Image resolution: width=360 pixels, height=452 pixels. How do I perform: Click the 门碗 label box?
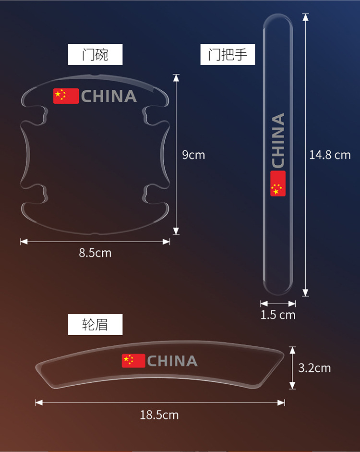(x=95, y=55)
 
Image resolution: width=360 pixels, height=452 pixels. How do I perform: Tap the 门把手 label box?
(x=228, y=55)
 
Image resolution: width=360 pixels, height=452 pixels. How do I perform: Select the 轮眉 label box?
(x=95, y=325)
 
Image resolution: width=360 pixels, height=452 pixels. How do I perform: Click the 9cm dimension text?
(x=193, y=155)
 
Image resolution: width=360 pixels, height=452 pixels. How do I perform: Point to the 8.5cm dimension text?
(x=95, y=253)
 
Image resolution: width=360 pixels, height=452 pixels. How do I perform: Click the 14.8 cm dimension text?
(x=330, y=155)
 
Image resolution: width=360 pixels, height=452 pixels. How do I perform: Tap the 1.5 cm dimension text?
(x=278, y=315)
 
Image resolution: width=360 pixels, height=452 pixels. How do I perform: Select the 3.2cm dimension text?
(x=314, y=368)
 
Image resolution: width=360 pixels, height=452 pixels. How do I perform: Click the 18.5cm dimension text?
(x=159, y=415)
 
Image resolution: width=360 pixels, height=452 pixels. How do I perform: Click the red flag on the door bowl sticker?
(x=66, y=96)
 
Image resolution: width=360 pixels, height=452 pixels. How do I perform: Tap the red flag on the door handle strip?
(x=278, y=183)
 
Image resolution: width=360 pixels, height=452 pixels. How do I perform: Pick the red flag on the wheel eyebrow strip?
(x=133, y=361)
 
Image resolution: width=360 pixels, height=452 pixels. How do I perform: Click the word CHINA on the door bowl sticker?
(x=109, y=96)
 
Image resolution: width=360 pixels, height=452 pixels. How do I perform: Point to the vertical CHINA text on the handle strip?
(x=278, y=140)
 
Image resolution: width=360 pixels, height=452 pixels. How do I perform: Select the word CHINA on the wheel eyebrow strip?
(x=172, y=361)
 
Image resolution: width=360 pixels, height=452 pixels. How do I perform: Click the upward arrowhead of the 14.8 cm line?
(x=305, y=17)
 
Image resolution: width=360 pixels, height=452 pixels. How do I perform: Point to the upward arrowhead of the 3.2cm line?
(x=292, y=350)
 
